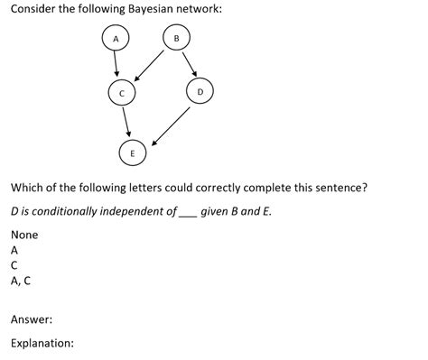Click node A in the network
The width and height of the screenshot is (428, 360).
(115, 39)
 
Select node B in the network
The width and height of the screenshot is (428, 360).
(177, 38)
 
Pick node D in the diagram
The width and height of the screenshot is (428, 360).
(200, 92)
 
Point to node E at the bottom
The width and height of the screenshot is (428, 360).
(133, 153)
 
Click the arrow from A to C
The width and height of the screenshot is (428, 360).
(117, 65)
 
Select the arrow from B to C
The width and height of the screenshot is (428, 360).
(149, 65)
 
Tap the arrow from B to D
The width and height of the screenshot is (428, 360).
(188, 64)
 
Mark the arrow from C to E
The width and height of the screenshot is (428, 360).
(126, 123)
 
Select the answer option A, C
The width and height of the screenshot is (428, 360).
(20, 281)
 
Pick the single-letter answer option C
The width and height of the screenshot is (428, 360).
(14, 265)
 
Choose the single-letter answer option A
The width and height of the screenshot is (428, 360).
(14, 250)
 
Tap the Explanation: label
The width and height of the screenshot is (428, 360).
(42, 343)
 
